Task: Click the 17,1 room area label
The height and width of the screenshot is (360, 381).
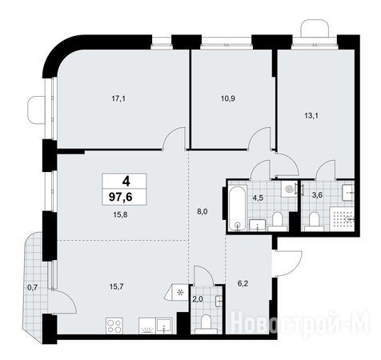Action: point(118,99)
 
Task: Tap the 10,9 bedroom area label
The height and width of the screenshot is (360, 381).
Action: point(228,98)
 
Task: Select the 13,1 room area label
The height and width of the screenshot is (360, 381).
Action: point(311,116)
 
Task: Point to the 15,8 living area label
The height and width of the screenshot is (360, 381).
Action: point(120,214)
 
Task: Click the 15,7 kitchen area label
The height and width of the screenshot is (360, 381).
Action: point(117,286)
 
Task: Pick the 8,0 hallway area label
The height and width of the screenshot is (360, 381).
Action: point(203,212)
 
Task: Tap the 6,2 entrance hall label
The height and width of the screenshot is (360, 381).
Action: point(243,283)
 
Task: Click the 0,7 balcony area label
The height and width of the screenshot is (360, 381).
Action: point(33,287)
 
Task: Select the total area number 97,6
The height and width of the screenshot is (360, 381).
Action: point(121,198)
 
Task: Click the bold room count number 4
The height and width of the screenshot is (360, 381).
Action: point(126,182)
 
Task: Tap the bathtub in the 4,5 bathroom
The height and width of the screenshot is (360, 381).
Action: point(237,208)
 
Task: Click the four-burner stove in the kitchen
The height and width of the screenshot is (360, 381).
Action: point(114,326)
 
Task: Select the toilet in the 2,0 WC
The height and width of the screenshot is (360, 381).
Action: point(206,324)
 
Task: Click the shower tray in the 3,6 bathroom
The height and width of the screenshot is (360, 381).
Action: point(342,218)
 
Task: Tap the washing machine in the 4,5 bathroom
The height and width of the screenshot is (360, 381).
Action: point(289,189)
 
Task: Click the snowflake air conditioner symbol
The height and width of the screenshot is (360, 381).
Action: point(180,293)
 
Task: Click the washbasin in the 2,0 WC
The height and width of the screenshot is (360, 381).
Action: point(219,301)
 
